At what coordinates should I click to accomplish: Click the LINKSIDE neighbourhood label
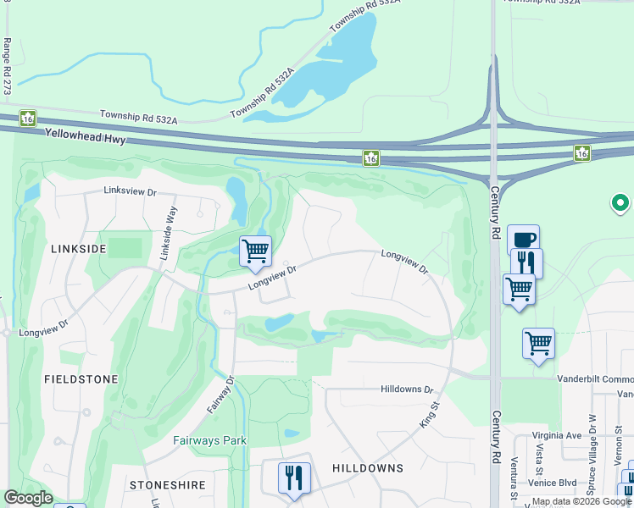78,249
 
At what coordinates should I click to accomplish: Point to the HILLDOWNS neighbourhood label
367,468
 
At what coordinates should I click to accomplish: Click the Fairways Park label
210,440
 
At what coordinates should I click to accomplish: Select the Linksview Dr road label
131,192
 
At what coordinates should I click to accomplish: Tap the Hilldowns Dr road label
407,390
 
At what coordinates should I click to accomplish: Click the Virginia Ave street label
557,435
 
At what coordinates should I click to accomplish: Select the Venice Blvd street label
555,483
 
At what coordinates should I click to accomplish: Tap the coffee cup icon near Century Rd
524,239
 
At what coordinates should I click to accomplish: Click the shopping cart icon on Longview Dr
255,251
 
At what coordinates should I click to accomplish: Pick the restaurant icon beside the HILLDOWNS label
294,477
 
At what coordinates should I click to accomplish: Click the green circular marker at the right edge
620,203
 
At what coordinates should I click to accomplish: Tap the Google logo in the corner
29,498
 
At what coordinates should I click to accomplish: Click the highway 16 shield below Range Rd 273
27,118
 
